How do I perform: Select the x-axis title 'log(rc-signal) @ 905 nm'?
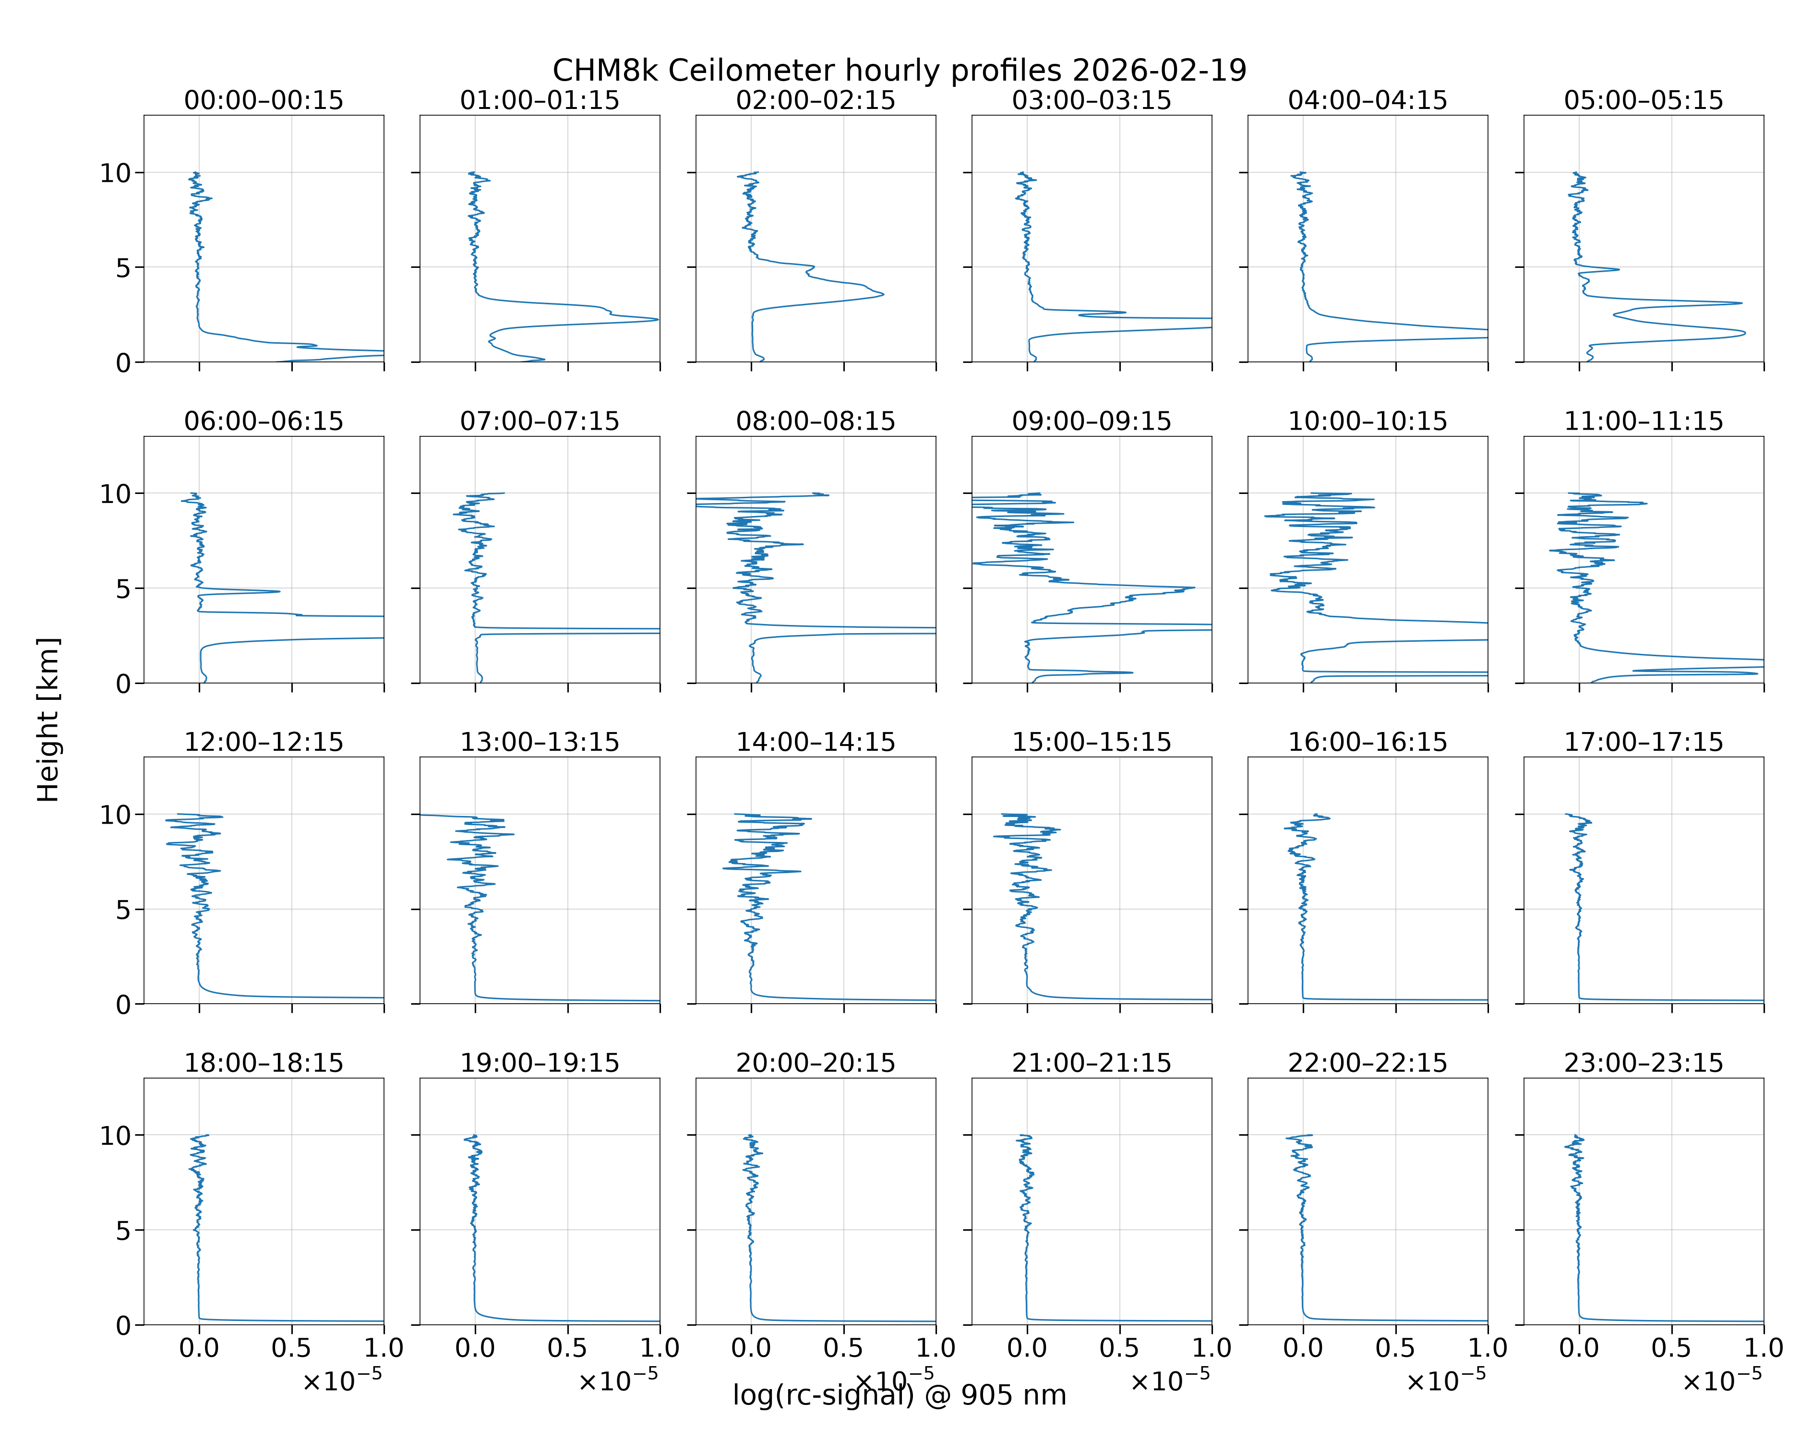coord(899,1395)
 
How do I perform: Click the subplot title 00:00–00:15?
coord(264,100)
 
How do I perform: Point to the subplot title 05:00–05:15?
coord(1643,100)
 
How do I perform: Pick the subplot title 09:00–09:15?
coord(1091,421)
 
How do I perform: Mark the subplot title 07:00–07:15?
coord(540,421)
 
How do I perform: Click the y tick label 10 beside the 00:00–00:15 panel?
coord(115,173)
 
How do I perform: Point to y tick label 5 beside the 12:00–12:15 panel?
coord(123,909)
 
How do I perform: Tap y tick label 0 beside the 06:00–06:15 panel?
coord(123,684)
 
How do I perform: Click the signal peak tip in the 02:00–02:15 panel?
coord(883,294)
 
